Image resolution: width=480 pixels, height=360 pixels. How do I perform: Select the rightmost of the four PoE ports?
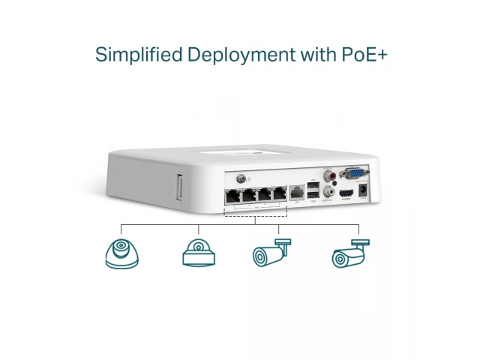tap(280, 193)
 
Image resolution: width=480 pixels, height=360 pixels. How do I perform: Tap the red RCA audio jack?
tap(328, 178)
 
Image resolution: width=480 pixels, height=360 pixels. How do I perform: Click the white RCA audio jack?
tap(327, 191)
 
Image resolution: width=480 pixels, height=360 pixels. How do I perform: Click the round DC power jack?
tap(364, 192)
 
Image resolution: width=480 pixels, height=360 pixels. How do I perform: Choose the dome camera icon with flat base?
tap(199, 253)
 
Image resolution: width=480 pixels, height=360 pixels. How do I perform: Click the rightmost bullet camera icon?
tap(350, 253)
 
